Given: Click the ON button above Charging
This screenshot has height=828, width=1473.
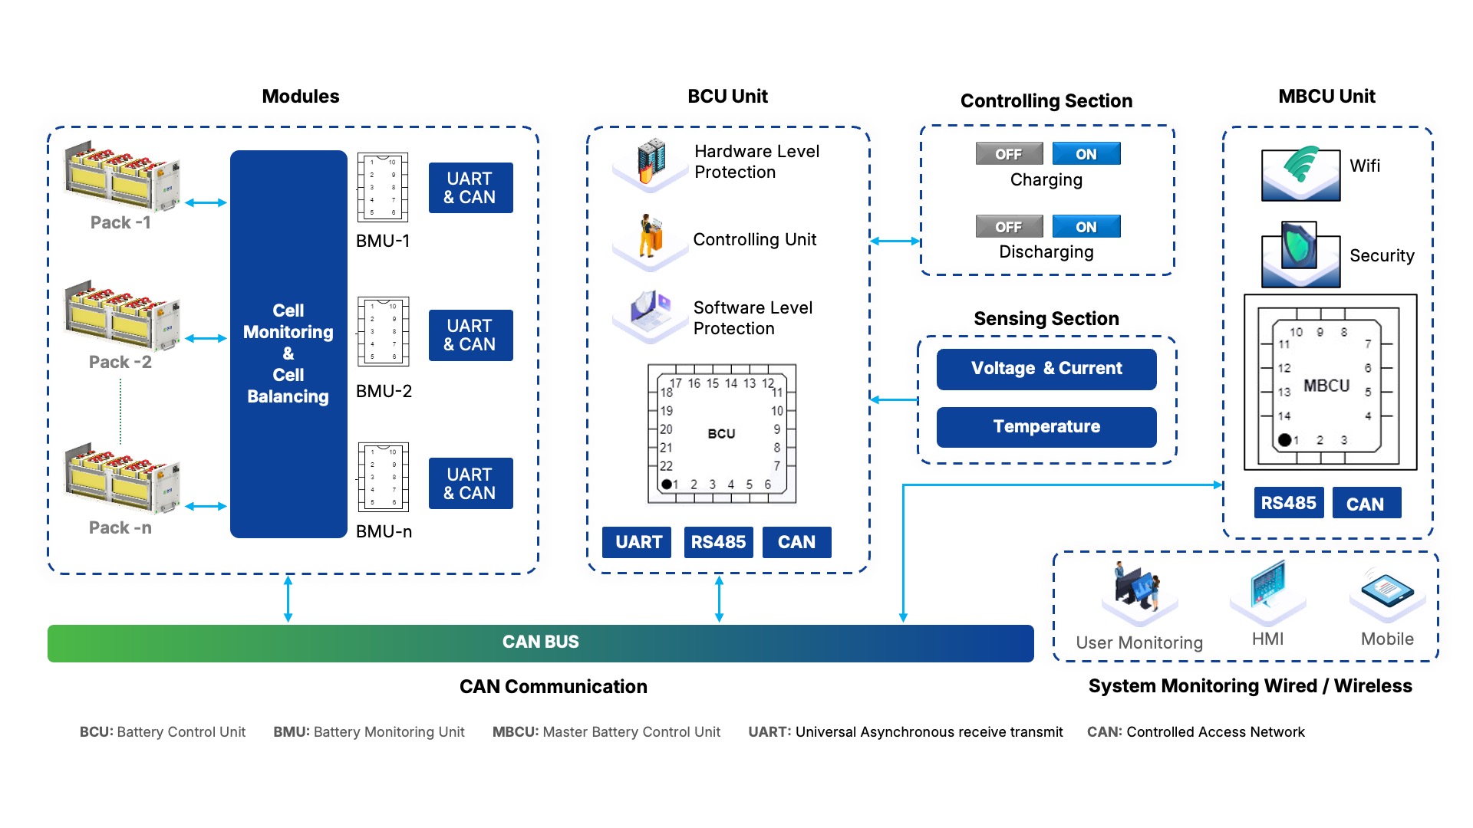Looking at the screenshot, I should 1086,154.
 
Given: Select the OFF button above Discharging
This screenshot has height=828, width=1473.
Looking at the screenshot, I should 1009,227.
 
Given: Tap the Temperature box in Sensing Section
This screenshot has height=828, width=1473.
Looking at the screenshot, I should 1046,427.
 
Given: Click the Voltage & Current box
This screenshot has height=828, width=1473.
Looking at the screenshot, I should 1046,369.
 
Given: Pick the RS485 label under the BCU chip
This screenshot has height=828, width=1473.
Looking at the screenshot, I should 718,543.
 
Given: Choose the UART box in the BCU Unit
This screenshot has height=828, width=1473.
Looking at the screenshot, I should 638,543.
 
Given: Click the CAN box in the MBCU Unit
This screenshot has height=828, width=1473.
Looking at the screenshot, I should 1366,504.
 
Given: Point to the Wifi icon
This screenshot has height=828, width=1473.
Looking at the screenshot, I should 1300,172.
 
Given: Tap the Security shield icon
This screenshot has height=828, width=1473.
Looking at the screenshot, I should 1300,253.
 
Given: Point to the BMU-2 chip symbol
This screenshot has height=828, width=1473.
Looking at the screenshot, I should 384,332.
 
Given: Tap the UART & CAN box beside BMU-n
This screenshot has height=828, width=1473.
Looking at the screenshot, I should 470,484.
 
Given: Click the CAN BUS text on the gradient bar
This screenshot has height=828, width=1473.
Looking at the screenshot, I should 541,642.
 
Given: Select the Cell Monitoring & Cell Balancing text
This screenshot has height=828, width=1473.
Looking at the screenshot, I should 288,353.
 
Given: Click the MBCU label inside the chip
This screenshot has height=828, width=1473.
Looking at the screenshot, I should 1326,386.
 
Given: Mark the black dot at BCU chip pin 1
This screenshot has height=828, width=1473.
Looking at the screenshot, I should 667,485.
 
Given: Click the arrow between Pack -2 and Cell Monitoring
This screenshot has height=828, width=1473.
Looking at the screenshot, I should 206,338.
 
